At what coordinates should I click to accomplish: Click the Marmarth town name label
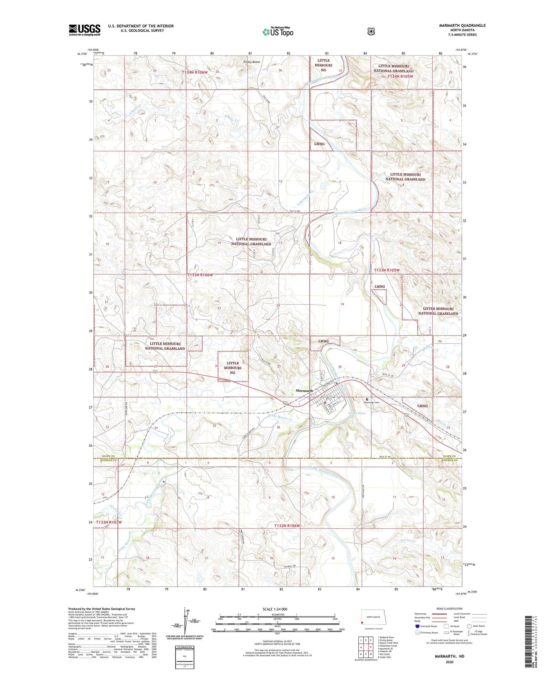click(304, 390)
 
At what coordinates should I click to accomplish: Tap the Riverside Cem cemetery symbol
click(367, 399)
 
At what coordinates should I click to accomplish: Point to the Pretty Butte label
click(251, 62)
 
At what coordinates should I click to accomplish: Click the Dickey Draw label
click(357, 413)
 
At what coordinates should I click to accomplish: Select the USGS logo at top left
click(84, 30)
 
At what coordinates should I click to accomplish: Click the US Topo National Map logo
click(278, 31)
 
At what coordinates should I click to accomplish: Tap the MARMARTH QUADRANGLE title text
click(463, 25)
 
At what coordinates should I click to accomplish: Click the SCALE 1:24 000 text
click(275, 609)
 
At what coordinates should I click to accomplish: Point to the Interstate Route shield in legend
click(417, 626)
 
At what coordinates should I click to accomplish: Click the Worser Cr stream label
click(407, 540)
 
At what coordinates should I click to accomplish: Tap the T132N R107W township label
click(109, 522)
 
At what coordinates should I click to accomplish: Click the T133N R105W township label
click(387, 270)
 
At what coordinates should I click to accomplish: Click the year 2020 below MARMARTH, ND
click(449, 662)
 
